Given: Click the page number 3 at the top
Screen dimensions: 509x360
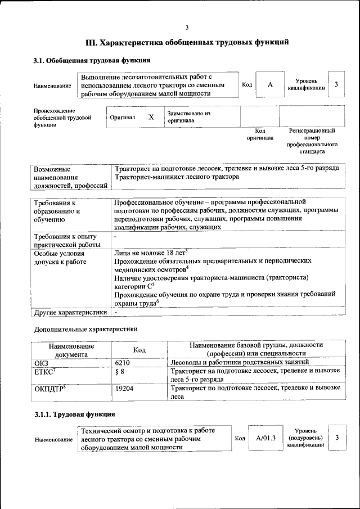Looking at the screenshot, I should [187, 28].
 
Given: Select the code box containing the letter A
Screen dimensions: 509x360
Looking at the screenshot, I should [270, 84].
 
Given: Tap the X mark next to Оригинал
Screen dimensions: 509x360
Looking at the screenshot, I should [151, 117].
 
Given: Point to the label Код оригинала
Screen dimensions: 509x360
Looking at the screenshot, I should [260, 134].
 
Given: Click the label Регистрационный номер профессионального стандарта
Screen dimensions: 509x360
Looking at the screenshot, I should [312, 141].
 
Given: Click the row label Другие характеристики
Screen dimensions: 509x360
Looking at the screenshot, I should [70, 312].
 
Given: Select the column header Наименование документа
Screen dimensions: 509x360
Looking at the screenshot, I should [71, 350].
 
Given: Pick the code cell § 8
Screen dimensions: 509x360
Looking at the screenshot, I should [119, 372].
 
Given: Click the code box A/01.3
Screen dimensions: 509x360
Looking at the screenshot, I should [265, 438].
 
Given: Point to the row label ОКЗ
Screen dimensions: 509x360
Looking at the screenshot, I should [42, 363].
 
